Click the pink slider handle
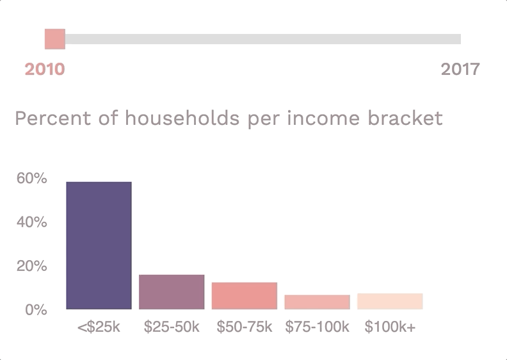pyautogui.click(x=55, y=39)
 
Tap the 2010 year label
pyautogui.click(x=45, y=69)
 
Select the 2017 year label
pyautogui.click(x=460, y=69)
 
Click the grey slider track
pyautogui.click(x=263, y=39)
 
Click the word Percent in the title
pyautogui.click(x=53, y=118)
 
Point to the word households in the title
pyautogui.click(x=182, y=118)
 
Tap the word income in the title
pyautogui.click(x=323, y=118)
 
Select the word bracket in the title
pyautogui.click(x=405, y=118)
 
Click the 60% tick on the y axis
pyautogui.click(x=32, y=178)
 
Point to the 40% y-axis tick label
pyautogui.click(x=32, y=222)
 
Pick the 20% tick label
pyautogui.click(x=32, y=266)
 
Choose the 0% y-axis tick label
pyautogui.click(x=36, y=310)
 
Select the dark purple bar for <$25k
pyautogui.click(x=99, y=245)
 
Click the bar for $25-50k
pyautogui.click(x=172, y=292)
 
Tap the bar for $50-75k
pyautogui.click(x=245, y=296)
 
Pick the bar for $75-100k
pyautogui.click(x=318, y=302)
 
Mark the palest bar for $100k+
pyautogui.click(x=390, y=302)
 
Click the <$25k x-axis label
pyautogui.click(x=99, y=327)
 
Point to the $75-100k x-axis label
pyautogui.click(x=318, y=327)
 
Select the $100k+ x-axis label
pyautogui.click(x=390, y=327)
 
